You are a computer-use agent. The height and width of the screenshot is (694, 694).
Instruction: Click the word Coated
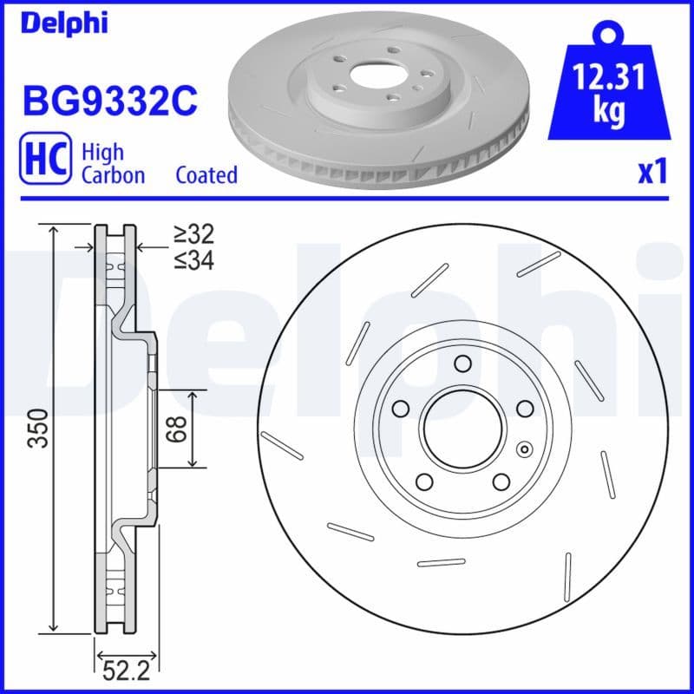coord(206,175)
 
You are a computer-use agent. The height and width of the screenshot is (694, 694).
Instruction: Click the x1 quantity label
coord(652,173)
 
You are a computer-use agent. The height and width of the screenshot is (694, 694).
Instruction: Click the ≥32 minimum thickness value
coord(193,233)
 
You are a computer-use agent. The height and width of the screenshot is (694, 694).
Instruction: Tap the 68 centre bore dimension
coord(177,428)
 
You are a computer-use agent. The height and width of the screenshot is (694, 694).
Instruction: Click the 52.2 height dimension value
coord(121,669)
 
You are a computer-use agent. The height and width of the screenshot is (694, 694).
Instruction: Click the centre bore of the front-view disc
coord(462,427)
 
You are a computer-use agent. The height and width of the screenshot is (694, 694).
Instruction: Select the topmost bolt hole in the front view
coord(462,363)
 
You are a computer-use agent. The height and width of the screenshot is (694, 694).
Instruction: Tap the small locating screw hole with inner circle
coord(523,448)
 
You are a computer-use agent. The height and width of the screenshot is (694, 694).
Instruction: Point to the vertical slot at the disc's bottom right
coord(567,578)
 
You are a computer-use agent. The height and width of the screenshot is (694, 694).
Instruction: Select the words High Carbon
coord(113,163)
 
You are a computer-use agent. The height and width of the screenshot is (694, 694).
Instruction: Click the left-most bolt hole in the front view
coord(401,408)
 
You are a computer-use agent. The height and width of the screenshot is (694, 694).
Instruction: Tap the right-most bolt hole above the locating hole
coord(524,408)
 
